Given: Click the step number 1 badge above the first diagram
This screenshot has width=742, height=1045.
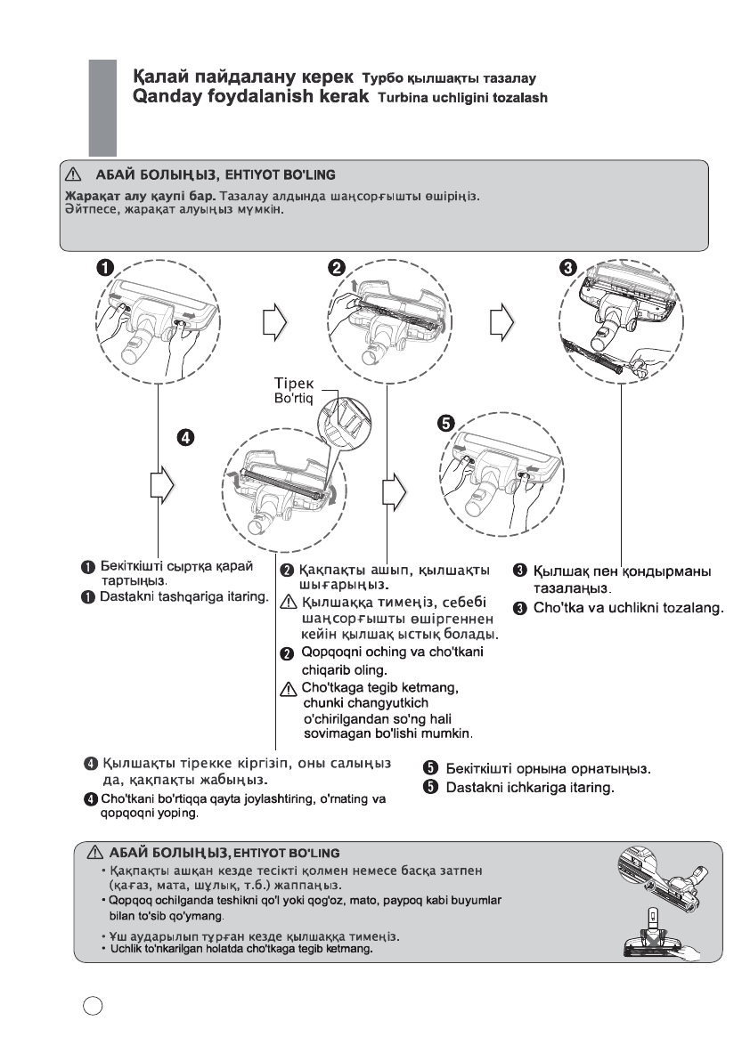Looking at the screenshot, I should (x=105, y=266).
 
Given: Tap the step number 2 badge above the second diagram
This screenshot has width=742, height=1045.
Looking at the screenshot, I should (x=338, y=266).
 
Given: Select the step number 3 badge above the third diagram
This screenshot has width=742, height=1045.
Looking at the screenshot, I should (x=571, y=266).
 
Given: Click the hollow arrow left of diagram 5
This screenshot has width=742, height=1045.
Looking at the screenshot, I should (x=392, y=486).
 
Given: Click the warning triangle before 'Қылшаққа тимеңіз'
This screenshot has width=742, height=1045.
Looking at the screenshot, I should (x=287, y=604).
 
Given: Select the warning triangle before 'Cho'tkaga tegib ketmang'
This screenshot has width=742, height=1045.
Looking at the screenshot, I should (x=287, y=687).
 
